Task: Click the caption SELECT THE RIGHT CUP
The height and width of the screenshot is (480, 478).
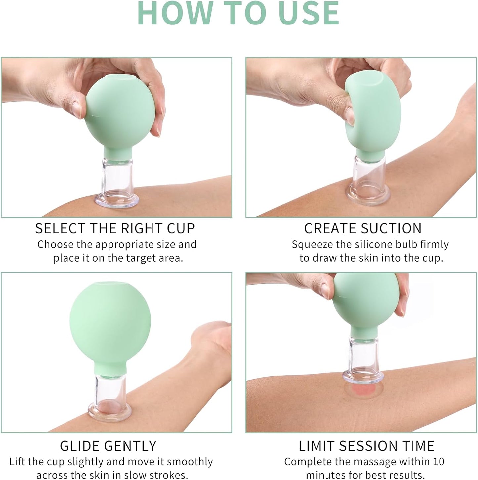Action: coord(115,229)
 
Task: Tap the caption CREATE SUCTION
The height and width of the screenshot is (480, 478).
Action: coord(363,229)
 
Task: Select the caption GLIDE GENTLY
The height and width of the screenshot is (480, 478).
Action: coord(108,446)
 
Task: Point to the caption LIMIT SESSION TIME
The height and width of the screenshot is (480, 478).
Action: coord(367,446)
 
